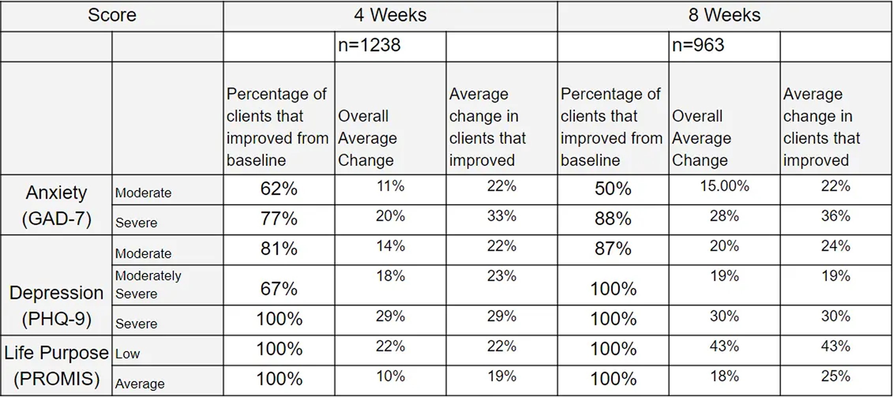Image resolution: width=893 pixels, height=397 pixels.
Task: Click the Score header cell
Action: [112, 15]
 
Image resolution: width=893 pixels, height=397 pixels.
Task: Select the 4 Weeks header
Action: [390, 15]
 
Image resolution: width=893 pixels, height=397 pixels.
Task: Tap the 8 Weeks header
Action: [724, 15]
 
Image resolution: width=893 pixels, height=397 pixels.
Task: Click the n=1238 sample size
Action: [369, 45]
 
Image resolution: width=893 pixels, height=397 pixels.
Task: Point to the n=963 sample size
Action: [698, 45]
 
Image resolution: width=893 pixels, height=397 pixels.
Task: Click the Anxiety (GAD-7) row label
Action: [56, 205]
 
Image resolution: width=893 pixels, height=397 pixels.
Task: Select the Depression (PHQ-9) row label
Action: [56, 305]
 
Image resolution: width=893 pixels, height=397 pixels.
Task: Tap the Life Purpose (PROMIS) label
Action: [56, 365]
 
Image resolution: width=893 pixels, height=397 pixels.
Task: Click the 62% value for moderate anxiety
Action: [279, 189]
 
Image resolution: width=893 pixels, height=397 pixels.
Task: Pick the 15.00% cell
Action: [724, 186]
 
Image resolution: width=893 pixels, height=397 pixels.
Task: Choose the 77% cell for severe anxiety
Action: [279, 219]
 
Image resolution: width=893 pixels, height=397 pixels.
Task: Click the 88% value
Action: [613, 219]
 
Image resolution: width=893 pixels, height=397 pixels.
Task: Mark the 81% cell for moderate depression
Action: [279, 249]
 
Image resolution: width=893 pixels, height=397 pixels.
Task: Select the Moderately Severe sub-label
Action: [148, 285]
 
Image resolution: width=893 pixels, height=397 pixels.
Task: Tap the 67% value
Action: [279, 289]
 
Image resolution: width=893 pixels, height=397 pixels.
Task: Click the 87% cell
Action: [613, 249]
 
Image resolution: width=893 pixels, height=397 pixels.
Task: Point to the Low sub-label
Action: [128, 354]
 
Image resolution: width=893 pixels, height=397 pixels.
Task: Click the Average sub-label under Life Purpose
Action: [140, 384]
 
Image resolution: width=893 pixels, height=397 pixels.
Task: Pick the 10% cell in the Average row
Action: [390, 376]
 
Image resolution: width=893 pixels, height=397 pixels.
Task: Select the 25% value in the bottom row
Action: [836, 376]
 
